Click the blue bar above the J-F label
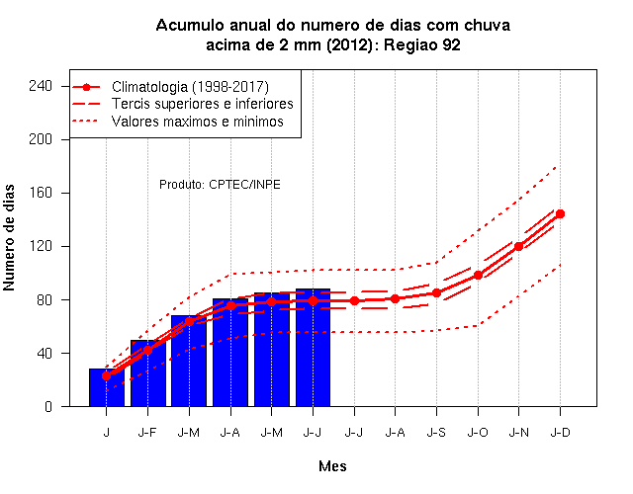[147, 373]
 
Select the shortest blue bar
[107, 387]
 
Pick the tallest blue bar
[313, 348]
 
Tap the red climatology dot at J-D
[560, 214]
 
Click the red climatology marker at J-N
[518, 246]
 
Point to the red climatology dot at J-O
[478, 276]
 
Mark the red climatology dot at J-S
[436, 293]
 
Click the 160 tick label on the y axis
[41, 193]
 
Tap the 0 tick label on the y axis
[48, 406]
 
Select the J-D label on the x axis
[561, 433]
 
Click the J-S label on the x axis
[436, 433]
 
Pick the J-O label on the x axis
[478, 433]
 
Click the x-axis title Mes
[332, 466]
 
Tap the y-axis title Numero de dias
[9, 238]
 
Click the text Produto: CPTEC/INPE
[220, 185]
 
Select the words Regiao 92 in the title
[422, 44]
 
